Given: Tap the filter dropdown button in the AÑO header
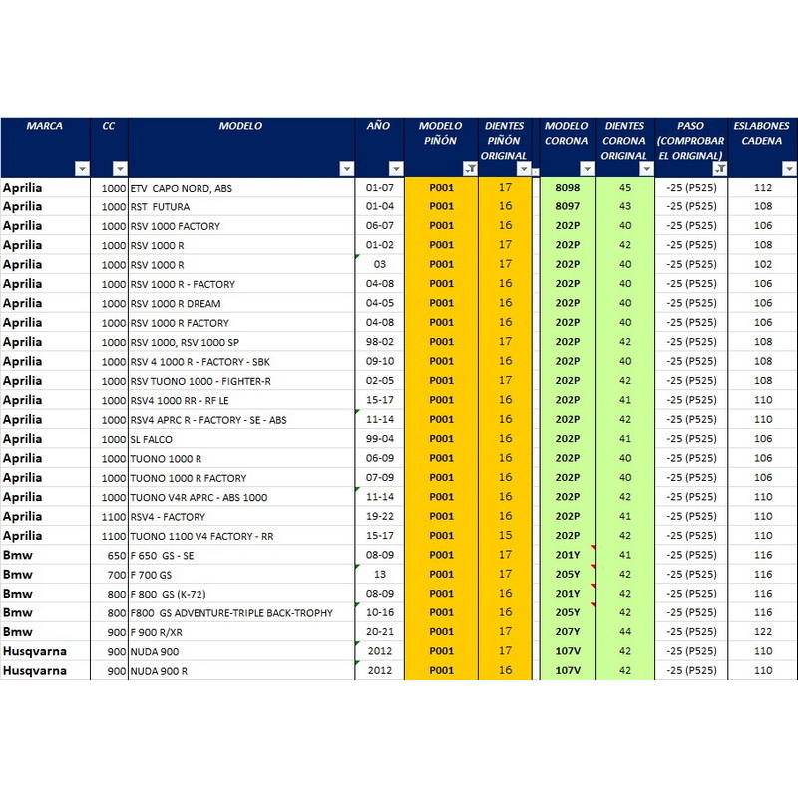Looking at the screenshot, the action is coord(395,168).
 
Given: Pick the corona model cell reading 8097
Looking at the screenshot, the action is coord(567,206).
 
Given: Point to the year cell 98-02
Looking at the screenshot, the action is coord(380,342).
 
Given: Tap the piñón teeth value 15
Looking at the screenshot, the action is coord(505,536).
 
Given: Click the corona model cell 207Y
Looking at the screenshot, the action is coord(567,632).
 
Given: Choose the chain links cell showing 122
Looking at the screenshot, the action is coord(763,632).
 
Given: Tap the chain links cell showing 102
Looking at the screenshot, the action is coord(763,264).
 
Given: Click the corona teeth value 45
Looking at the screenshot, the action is coord(625,188).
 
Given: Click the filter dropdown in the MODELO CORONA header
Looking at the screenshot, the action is coord(587,168).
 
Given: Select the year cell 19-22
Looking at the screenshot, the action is coord(380,516).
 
